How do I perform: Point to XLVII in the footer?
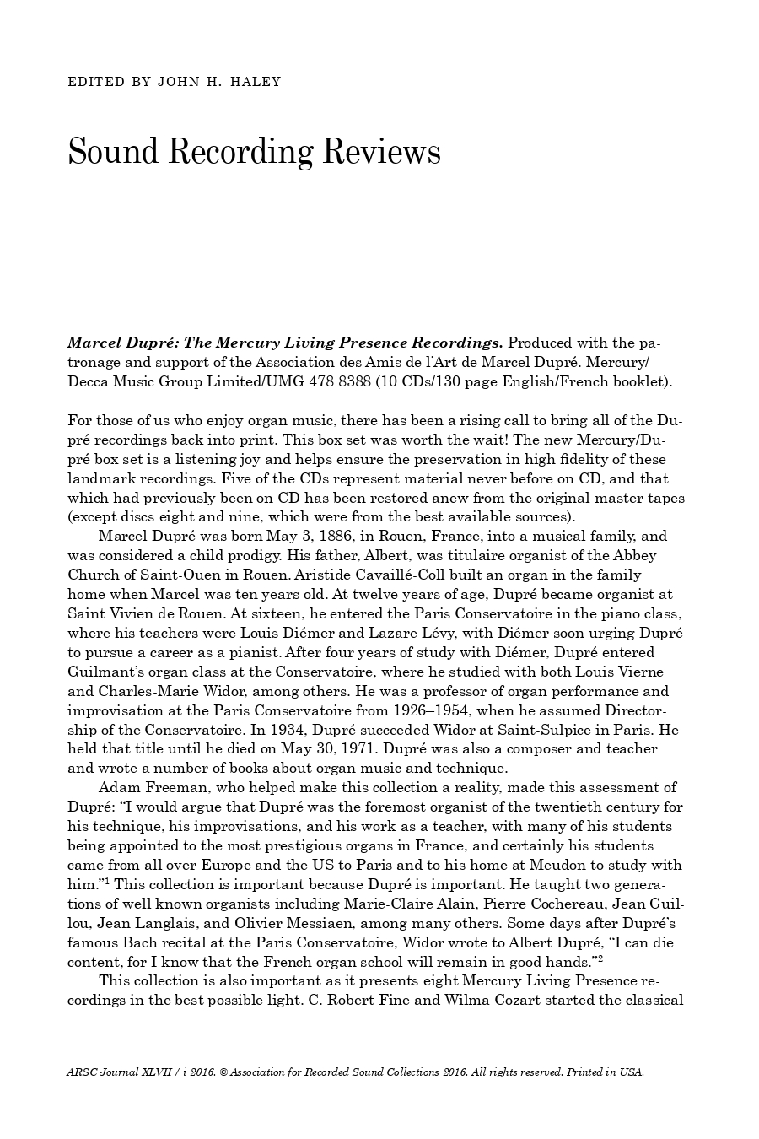click(x=149, y=1072)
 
